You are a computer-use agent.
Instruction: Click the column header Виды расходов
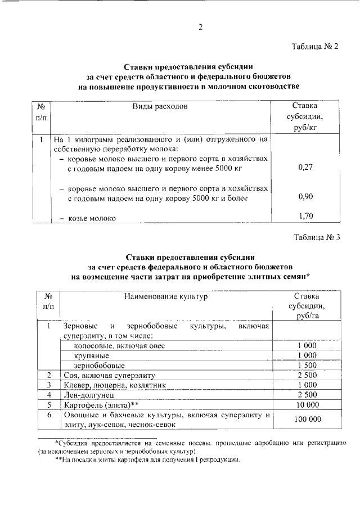pyautogui.click(x=160, y=106)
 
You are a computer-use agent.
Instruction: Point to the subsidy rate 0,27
pyautogui.click(x=305, y=167)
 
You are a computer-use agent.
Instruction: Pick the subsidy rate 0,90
pyautogui.click(x=305, y=197)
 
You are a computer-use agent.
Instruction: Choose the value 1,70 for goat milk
pyautogui.click(x=305, y=215)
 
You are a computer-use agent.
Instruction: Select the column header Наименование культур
pyautogui.click(x=166, y=295)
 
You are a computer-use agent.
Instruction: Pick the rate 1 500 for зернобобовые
pyautogui.click(x=308, y=366)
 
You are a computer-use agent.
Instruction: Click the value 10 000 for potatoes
pyautogui.click(x=308, y=405)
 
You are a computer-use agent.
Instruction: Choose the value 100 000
pyautogui.click(x=307, y=420)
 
